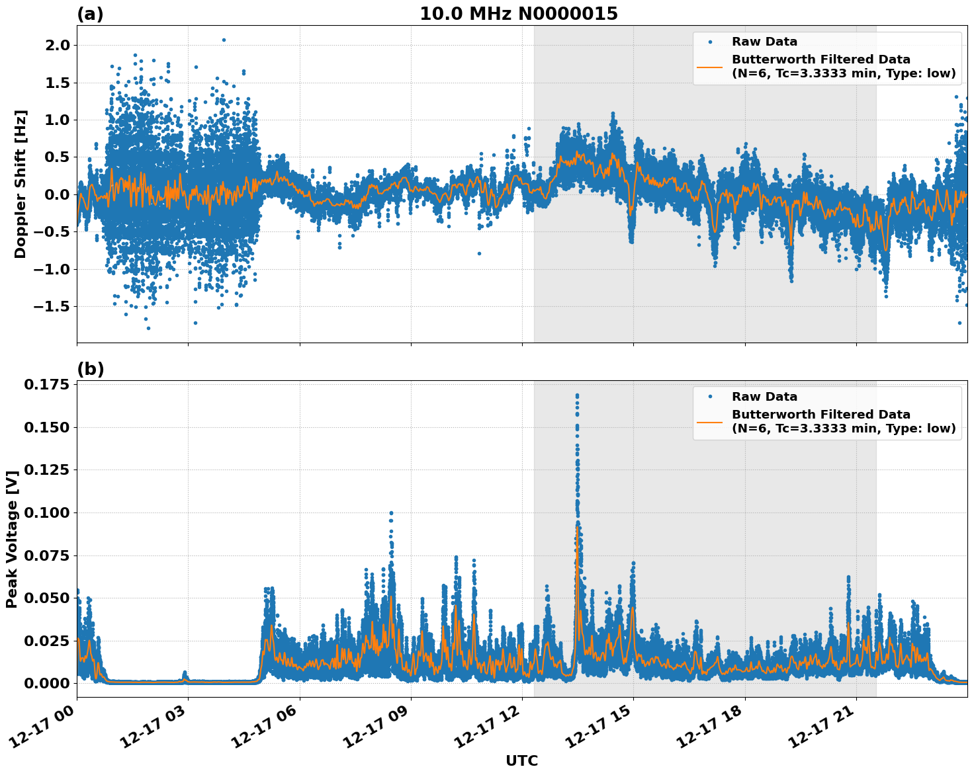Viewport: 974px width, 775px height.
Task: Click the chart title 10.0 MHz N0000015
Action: (x=518, y=14)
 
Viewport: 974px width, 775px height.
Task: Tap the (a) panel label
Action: (x=90, y=14)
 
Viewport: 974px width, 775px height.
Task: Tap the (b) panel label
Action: (x=91, y=369)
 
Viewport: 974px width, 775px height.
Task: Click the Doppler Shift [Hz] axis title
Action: (x=21, y=184)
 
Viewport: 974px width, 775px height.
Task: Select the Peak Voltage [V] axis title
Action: (x=11, y=539)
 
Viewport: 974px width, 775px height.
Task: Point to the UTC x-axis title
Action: (x=521, y=760)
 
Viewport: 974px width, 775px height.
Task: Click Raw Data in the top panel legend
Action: (x=764, y=42)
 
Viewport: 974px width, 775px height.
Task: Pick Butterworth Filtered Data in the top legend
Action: (x=820, y=60)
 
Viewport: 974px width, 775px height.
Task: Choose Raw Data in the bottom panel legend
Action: (x=764, y=397)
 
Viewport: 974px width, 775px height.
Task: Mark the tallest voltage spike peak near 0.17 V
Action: (x=577, y=395)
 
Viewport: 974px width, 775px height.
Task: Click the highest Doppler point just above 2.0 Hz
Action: (x=224, y=40)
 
